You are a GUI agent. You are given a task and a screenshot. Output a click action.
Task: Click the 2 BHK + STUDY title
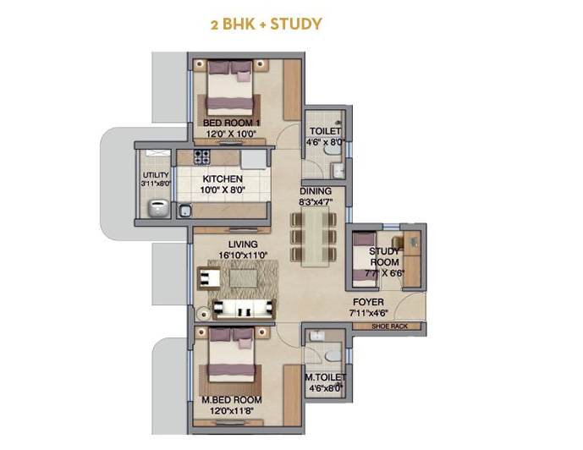coord(267,25)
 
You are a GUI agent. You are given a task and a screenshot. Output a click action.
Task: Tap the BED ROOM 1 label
coord(231,123)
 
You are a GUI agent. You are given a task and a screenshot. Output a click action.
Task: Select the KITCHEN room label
coord(223,178)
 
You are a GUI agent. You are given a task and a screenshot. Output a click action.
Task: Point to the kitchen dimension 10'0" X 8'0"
coord(223,190)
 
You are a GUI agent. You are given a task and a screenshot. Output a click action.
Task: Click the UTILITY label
coord(156,174)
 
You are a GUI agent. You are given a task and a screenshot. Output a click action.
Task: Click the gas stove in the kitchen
coord(202,156)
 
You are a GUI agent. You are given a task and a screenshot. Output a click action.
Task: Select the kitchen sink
coord(185,211)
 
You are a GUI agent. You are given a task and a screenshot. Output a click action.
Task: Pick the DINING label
coord(316,191)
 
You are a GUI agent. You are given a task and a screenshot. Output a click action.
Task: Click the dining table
coord(315,237)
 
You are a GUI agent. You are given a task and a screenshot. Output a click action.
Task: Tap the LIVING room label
coord(243,244)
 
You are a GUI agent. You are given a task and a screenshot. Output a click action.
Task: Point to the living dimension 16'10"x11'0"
coord(243,255)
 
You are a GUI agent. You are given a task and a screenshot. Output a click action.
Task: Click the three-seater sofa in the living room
coord(245,309)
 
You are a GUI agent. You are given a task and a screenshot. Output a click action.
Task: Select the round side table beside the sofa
coord(203,314)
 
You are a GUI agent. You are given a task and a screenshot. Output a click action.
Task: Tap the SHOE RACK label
coord(390,327)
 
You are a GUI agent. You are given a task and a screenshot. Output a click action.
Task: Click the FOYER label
coord(368,302)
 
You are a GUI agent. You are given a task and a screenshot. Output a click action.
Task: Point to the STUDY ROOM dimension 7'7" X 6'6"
coord(384,273)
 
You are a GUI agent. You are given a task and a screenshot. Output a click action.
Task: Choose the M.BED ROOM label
coord(232,400)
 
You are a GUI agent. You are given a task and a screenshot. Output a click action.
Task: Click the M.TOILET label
coord(325,377)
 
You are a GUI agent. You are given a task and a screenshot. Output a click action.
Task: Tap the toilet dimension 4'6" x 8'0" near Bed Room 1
coord(325,142)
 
